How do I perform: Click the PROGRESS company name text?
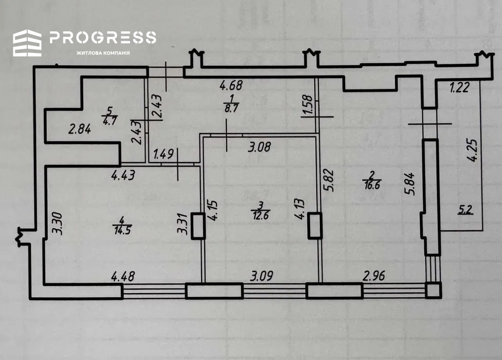click(x=103, y=38)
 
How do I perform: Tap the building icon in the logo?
click(x=27, y=43)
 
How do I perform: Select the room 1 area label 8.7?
click(x=231, y=108)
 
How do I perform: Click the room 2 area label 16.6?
click(x=372, y=185)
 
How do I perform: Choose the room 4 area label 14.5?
click(x=122, y=230)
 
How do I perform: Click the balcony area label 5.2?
click(x=465, y=210)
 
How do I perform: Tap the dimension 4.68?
click(x=231, y=85)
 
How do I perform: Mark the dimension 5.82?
click(x=329, y=181)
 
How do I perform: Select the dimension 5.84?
click(x=410, y=184)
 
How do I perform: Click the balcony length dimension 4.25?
click(x=472, y=150)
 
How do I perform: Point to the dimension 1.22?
click(x=459, y=87)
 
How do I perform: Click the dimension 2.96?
click(x=373, y=276)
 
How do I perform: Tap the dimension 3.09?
click(x=262, y=276)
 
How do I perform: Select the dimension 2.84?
click(x=79, y=129)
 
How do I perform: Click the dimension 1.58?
click(x=307, y=104)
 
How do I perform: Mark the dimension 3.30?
click(x=58, y=224)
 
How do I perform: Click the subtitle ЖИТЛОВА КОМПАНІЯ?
click(x=103, y=53)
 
